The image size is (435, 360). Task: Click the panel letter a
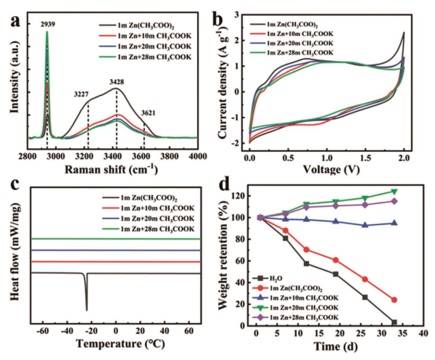[x=12, y=12]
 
